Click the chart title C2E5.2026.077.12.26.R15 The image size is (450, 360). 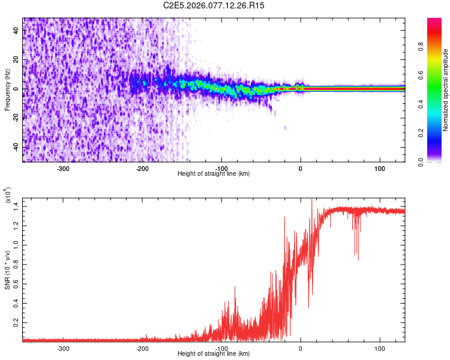214,5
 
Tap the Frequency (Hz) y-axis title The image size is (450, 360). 7,90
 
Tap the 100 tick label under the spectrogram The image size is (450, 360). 380,169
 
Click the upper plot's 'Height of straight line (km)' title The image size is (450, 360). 214,174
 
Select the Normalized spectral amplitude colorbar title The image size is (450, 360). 446,90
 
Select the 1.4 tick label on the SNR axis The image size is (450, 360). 14,206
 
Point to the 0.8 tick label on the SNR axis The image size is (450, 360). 14,264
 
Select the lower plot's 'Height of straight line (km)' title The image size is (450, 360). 214,353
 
